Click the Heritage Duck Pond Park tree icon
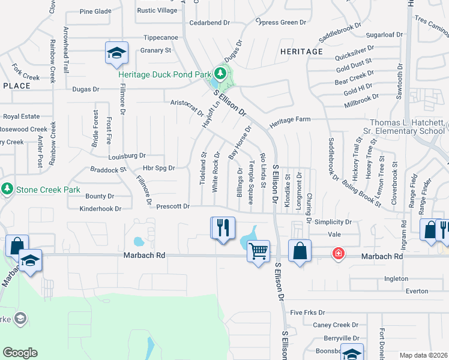[x=220, y=74]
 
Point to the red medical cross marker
[x=339, y=254]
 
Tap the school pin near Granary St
[x=116, y=53]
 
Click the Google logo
[x=20, y=353]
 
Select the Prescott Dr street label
[x=173, y=206]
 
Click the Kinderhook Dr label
[x=100, y=209]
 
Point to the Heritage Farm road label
[x=290, y=120]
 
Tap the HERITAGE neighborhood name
[x=301, y=52]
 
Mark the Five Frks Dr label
[x=307, y=313]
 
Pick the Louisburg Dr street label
[x=127, y=155]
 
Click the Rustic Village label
[x=157, y=11]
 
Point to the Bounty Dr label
[x=100, y=196]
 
